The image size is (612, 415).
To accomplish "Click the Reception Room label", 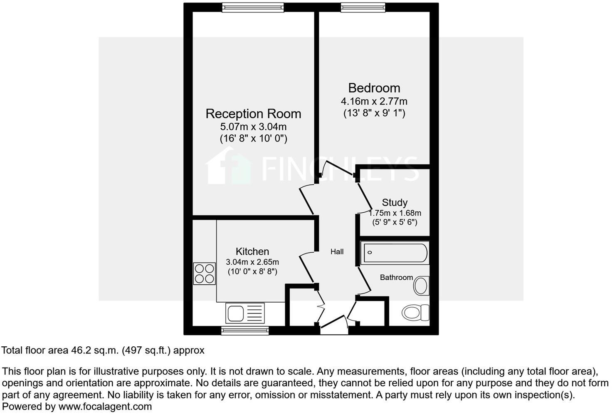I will click(253, 114).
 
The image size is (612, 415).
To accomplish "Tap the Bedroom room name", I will click(374, 88).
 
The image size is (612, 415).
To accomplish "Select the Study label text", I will click(395, 203).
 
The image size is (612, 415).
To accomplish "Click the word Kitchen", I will click(252, 251).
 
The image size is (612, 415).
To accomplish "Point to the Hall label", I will click(337, 251).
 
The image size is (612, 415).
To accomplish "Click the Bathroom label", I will click(396, 277).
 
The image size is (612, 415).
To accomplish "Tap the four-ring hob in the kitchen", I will click(205, 273).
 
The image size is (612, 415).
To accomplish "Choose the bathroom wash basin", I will click(421, 286).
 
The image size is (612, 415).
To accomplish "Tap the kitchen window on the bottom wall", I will click(245, 331).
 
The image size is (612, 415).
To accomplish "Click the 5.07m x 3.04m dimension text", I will click(253, 127).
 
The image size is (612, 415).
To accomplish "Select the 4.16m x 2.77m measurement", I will click(374, 101).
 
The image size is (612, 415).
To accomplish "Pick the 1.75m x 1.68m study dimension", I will click(395, 213).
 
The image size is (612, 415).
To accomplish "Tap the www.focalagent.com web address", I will click(105, 406).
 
